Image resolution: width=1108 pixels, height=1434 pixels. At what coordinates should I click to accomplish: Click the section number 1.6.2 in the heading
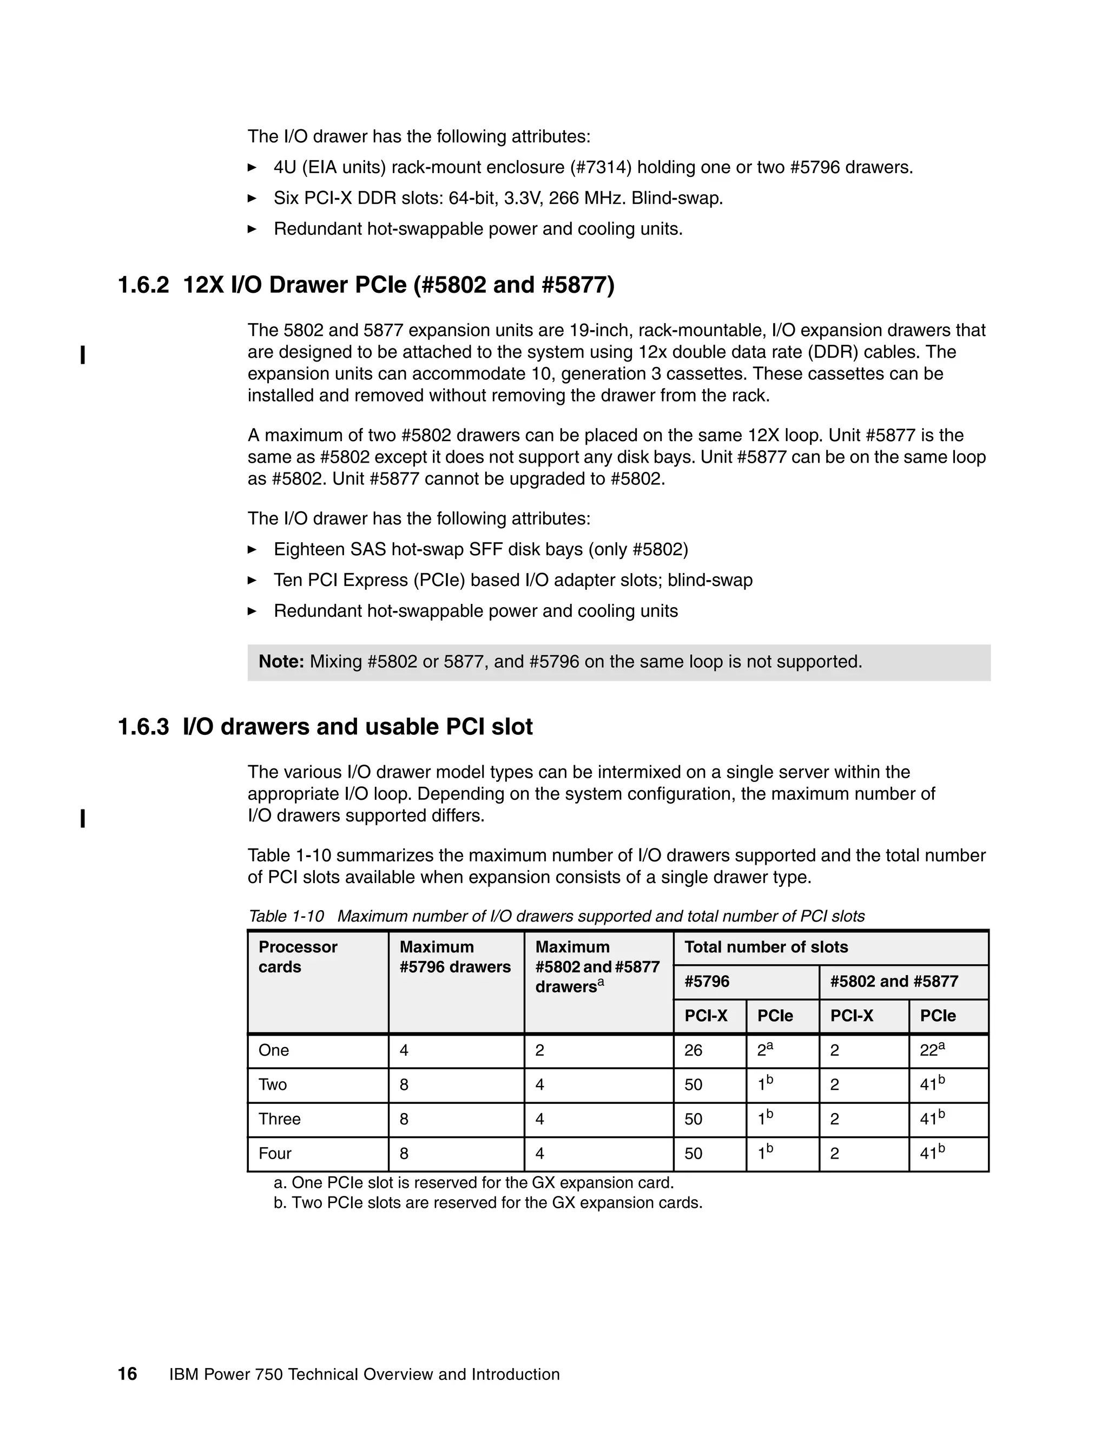coord(143,286)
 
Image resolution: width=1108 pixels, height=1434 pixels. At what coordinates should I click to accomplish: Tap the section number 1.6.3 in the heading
coord(143,727)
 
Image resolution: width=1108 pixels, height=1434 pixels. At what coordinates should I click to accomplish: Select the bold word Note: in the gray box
coord(281,662)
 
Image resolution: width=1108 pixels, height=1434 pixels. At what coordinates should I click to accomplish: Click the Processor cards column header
coord(298,957)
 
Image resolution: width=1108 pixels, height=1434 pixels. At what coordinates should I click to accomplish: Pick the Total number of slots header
coord(766,947)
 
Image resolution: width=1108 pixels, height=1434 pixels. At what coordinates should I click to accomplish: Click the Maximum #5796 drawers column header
coord(454,957)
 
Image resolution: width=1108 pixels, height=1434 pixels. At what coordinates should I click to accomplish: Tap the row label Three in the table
coord(279,1119)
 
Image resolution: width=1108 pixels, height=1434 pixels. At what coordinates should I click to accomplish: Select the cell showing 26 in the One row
coord(693,1050)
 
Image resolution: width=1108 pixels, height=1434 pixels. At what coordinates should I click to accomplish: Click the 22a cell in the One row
coord(932,1050)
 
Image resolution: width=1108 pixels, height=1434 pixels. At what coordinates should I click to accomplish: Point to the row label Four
coord(274,1154)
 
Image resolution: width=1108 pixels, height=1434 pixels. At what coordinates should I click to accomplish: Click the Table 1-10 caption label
coord(286,916)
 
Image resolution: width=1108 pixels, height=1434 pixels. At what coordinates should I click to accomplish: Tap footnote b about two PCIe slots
coord(487,1203)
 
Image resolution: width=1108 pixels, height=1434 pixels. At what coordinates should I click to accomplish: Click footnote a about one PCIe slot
coord(473,1182)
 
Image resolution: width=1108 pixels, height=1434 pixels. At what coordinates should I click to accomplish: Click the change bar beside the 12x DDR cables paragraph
coord(82,355)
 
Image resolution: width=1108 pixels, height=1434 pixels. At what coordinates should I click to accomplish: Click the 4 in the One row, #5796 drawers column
coord(404,1050)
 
